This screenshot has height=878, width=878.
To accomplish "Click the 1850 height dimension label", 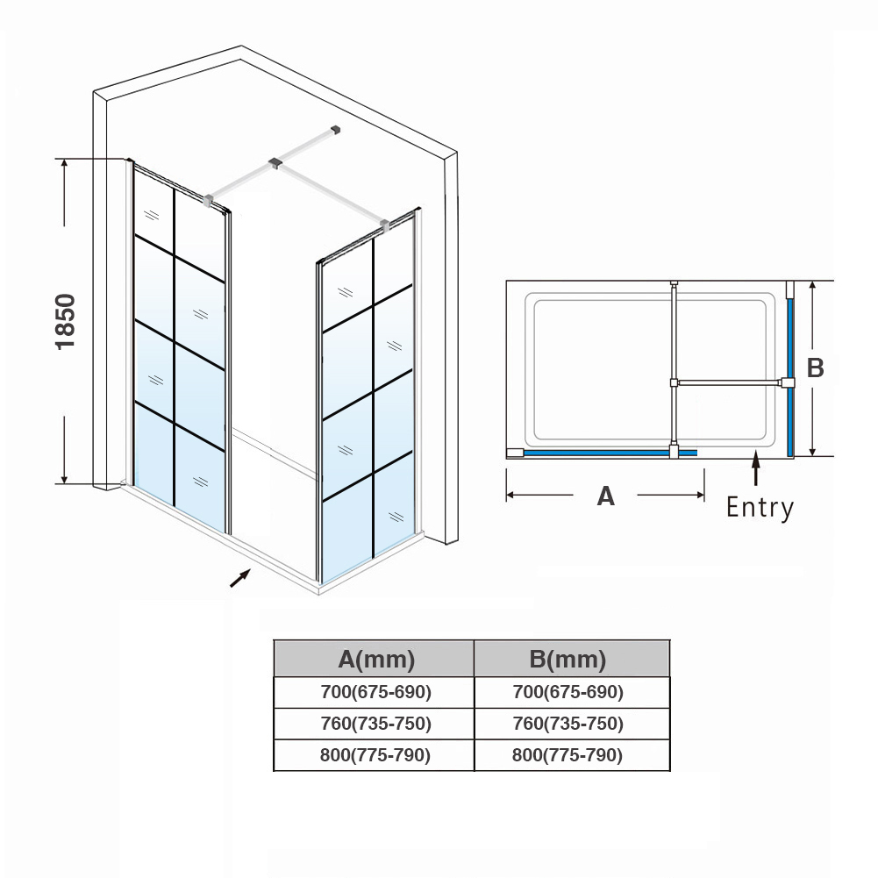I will click(x=67, y=322).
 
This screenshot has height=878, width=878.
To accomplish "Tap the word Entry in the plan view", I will click(x=760, y=508).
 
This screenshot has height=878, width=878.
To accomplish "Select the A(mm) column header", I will click(x=375, y=659).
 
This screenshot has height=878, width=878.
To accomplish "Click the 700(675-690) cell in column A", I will click(x=375, y=692).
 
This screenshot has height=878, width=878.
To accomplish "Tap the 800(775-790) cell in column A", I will click(x=375, y=755).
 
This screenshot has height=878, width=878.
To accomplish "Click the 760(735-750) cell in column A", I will click(x=375, y=724).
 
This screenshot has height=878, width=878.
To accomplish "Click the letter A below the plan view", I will click(x=605, y=496).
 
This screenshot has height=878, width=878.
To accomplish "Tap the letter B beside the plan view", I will click(x=815, y=368).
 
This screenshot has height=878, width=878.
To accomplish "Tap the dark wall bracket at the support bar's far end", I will click(x=334, y=132).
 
